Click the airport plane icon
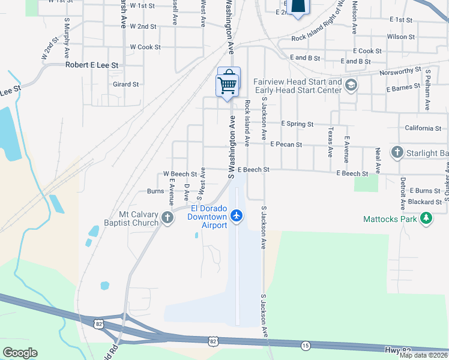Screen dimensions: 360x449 [237, 215]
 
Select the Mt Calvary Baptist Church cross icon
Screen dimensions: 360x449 [167, 218]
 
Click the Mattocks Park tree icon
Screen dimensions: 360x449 [426, 219]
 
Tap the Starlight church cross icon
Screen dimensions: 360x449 [397, 152]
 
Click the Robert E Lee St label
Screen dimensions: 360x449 [92, 64]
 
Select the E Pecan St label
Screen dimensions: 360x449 [286, 145]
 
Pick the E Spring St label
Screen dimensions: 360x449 [298, 124]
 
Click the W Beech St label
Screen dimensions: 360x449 [180, 174]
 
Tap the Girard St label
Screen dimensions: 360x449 [126, 85]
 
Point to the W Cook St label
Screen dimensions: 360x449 [145, 47]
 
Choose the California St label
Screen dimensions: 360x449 [423, 128]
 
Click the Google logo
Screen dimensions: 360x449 [20, 353]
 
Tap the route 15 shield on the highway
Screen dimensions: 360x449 [305, 346]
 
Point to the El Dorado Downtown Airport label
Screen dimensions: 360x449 [208, 217]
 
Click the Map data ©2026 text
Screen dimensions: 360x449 [423, 355]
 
